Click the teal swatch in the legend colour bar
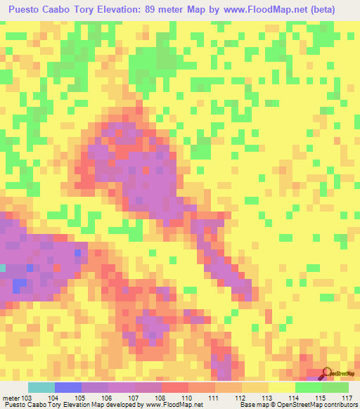pyautogui.click(x=41, y=387)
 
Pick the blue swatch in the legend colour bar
pyautogui.click(x=68, y=387)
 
